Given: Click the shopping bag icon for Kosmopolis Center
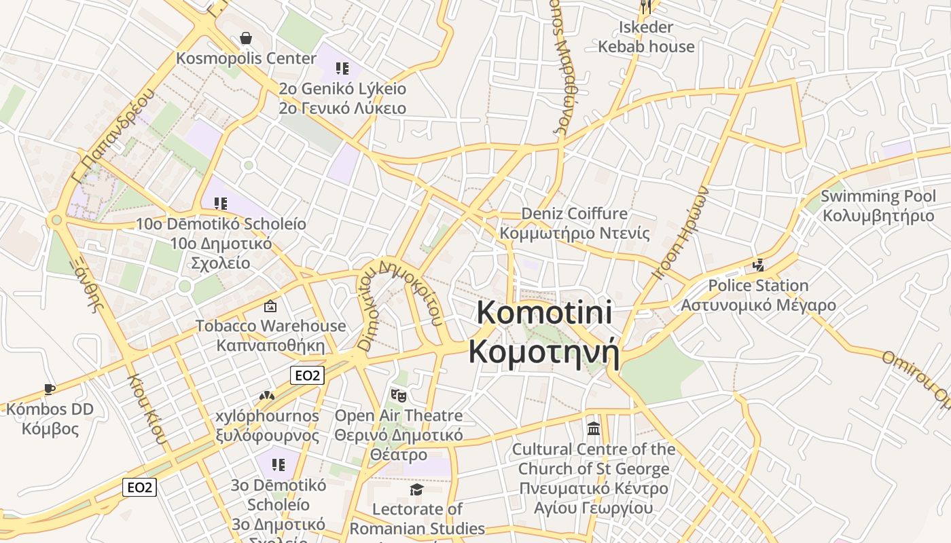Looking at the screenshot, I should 246,38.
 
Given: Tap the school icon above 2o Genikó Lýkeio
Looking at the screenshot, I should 342,68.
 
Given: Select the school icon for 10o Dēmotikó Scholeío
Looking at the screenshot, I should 220,203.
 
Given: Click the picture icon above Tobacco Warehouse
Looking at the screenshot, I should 270,306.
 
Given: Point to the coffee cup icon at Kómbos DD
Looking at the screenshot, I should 49,389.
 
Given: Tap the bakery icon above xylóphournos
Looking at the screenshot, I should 267,395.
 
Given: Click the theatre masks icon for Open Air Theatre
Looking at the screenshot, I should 398,395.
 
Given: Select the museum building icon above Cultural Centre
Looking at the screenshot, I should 594,429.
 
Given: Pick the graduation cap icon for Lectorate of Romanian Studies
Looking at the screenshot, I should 416,489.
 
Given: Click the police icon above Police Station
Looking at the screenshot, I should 758,265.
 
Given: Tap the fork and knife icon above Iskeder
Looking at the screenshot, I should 646,7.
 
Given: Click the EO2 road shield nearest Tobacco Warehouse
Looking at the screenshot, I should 307,375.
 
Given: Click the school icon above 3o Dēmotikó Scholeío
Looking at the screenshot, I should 278,465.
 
